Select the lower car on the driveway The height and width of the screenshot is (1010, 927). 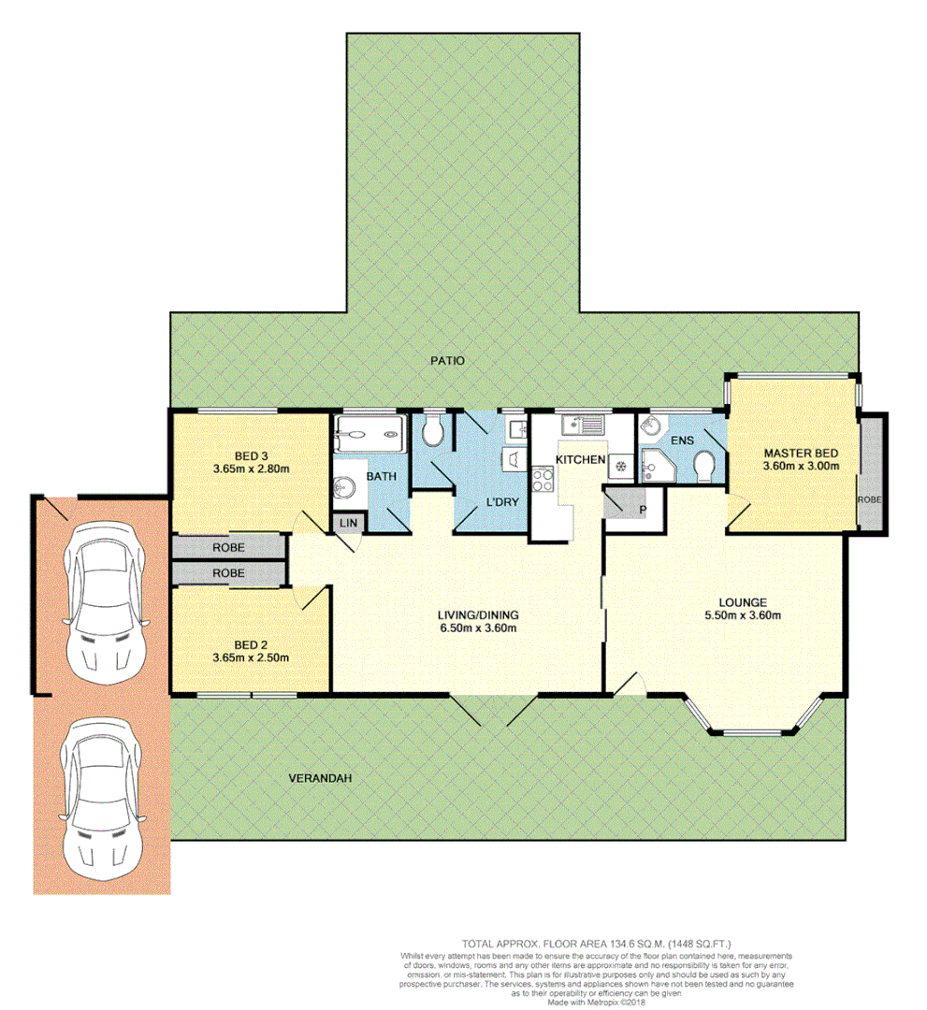(101, 796)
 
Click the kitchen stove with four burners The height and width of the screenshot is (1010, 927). (543, 480)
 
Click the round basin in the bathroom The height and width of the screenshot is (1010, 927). (344, 486)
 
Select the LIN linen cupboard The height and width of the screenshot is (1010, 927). (347, 522)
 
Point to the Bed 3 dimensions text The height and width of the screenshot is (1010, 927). (250, 469)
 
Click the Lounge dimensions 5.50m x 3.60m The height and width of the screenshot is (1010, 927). (743, 615)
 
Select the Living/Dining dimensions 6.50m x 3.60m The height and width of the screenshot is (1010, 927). (478, 628)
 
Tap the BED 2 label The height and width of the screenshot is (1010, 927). (250, 644)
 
